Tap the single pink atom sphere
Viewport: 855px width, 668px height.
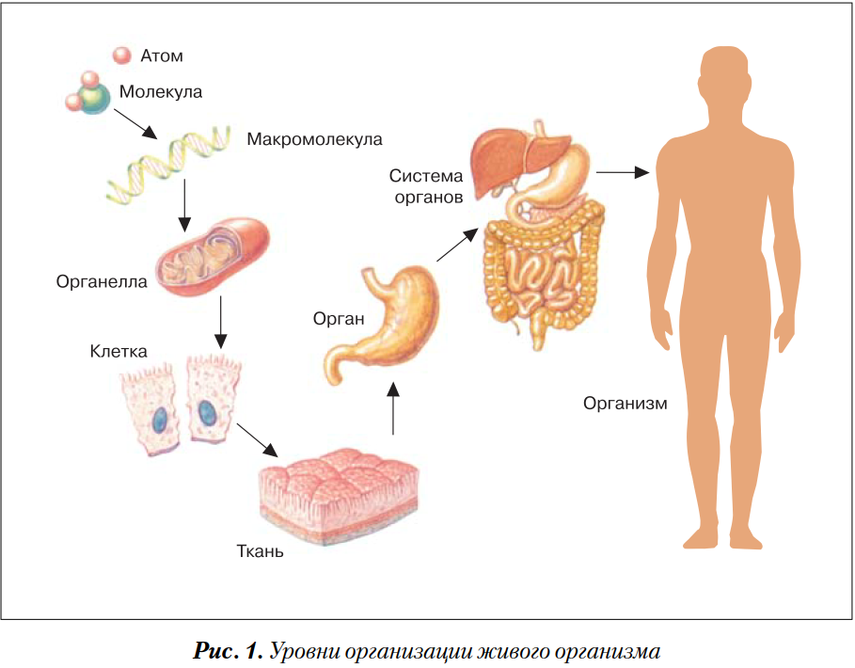[x=121, y=56]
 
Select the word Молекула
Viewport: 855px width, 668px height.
[x=161, y=92]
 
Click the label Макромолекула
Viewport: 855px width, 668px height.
[x=315, y=139]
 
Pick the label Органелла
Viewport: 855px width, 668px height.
[x=102, y=281]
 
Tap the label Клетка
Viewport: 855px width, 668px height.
[x=119, y=352]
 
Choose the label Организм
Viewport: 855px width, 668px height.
[x=625, y=404]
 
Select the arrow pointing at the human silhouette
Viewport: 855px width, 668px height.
[x=624, y=172]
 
